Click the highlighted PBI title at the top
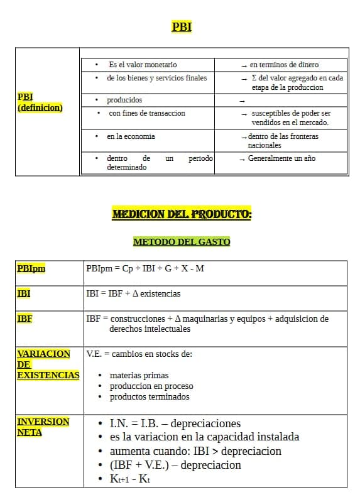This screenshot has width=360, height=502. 182,27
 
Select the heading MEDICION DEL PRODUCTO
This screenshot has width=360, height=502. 182,214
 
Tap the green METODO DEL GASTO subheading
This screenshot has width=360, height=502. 182,241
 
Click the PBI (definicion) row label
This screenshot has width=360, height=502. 40,102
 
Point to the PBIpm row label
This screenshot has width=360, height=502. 31,268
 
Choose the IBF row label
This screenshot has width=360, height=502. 25,319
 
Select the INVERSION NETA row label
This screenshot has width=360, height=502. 43,427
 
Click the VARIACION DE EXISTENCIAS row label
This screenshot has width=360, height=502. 48,364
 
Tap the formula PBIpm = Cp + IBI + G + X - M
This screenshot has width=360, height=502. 145,269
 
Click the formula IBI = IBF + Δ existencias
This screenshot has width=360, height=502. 133,293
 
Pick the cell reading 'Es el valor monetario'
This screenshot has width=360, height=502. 143,65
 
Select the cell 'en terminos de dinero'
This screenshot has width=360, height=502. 283,65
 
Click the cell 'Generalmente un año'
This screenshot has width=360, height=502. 281,158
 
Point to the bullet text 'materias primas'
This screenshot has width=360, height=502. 139,375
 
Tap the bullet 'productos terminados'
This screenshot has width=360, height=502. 150,396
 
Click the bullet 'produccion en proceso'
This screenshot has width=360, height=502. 151,386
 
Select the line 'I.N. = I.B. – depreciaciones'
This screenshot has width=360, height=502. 175,423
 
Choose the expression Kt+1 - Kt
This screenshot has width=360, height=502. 129,479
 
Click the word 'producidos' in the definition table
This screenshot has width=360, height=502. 124,100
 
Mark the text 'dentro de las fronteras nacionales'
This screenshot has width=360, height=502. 283,140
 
